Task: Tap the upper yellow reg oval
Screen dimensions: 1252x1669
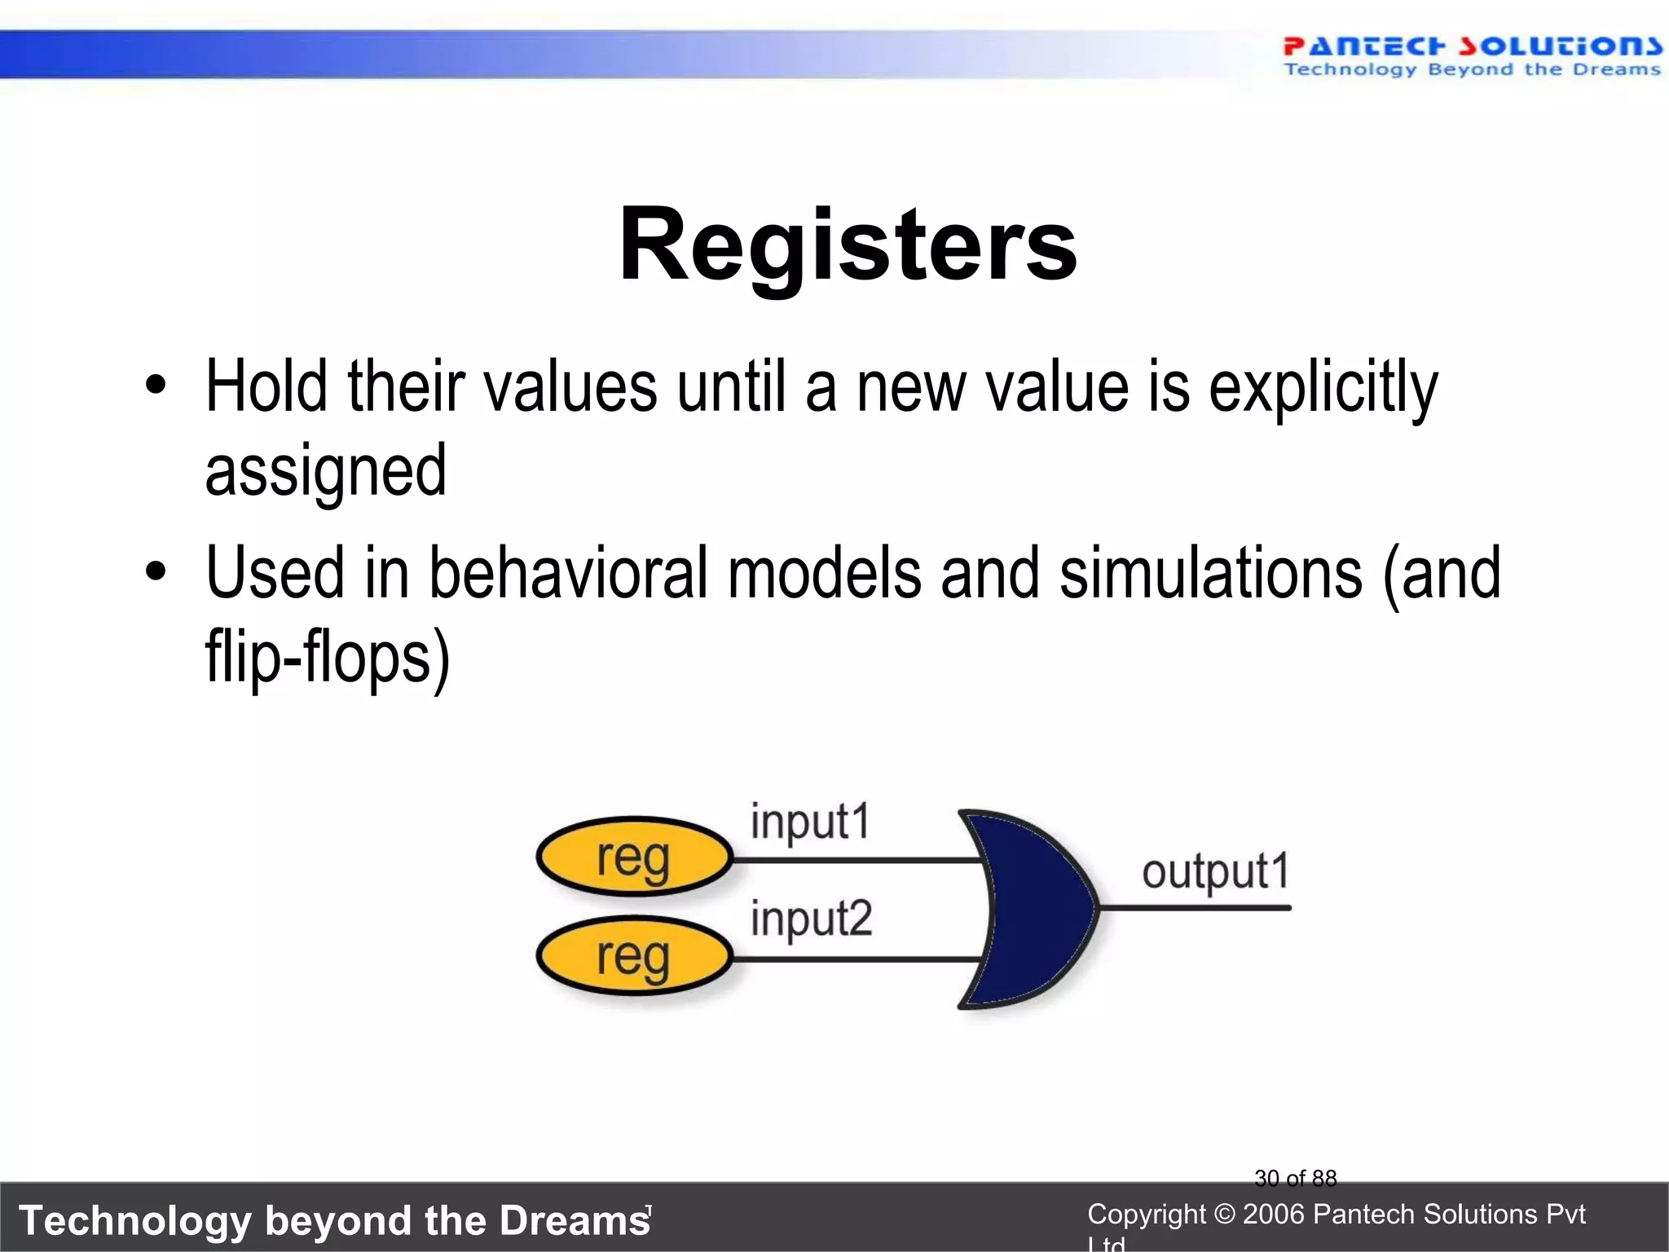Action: (x=634, y=857)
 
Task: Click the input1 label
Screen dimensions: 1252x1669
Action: (x=810, y=822)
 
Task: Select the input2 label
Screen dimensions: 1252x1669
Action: (x=811, y=919)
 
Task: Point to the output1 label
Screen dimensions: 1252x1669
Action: (x=1215, y=872)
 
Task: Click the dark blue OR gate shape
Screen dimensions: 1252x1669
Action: (x=1035, y=908)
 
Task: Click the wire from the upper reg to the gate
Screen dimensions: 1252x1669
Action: (x=856, y=860)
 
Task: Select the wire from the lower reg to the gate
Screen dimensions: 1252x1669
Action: (x=856, y=959)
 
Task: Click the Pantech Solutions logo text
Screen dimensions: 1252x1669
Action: (x=1472, y=46)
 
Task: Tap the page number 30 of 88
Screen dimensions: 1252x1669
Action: (x=1295, y=1178)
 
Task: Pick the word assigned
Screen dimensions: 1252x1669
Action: (x=325, y=473)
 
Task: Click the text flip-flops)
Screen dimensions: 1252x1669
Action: (x=327, y=657)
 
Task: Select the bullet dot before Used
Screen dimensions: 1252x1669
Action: (x=155, y=571)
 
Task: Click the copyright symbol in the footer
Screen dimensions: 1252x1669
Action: (x=1224, y=1215)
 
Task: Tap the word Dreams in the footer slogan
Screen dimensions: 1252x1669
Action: (x=574, y=1220)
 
